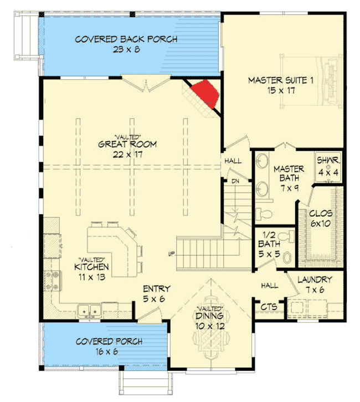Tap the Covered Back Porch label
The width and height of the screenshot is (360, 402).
[126, 44]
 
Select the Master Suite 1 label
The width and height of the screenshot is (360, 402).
[281, 86]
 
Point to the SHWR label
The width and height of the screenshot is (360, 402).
[327, 164]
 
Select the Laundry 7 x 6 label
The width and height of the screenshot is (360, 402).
[314, 285]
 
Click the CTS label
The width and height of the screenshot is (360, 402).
[265, 307]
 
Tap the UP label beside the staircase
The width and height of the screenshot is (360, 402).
[172, 254]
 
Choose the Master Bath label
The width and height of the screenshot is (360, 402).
[287, 173]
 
